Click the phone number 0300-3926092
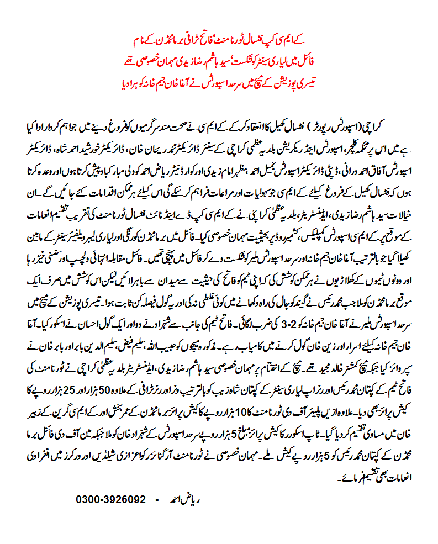pyautogui.click(x=110, y=499)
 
